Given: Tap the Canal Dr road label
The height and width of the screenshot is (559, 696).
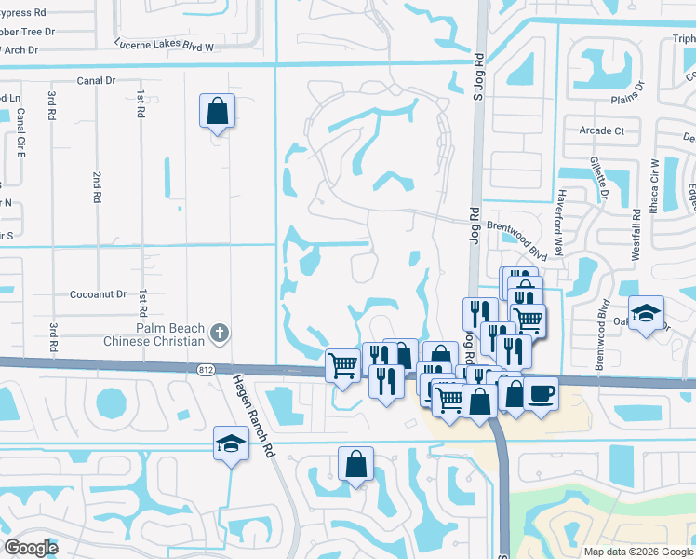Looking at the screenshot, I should coord(97,81).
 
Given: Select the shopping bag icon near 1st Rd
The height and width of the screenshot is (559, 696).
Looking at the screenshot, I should coord(217,112).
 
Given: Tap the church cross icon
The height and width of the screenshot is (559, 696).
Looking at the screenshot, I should coord(219,332).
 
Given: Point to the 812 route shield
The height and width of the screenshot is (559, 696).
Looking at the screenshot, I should coord(206,370).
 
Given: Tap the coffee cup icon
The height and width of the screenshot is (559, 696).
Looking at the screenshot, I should coord(540,393).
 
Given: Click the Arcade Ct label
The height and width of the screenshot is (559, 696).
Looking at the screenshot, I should coord(601,131).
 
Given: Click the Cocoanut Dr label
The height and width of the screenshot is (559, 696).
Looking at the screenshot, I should coord(98,294).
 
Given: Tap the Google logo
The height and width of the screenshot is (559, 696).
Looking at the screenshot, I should coord(31,547).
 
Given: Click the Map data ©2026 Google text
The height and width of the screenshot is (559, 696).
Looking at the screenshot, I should coord(637,552).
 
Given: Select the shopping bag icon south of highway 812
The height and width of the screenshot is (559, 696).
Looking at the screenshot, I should coord(355,464).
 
